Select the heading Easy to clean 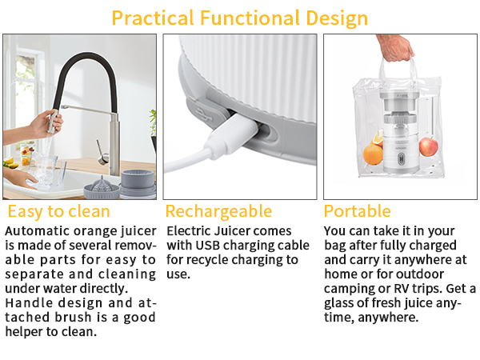58,212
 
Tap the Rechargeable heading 218,212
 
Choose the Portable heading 357,212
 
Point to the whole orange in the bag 374,153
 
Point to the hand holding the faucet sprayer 44,123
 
